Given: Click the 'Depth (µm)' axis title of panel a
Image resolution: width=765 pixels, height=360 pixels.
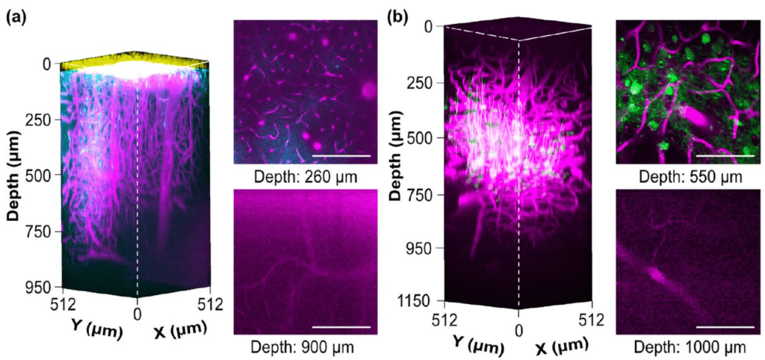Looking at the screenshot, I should point(13,176).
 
